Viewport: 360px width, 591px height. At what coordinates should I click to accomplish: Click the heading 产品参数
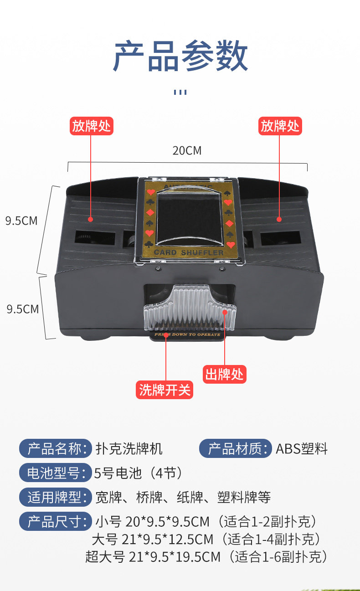180,56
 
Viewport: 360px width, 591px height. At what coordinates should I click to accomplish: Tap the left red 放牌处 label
92,125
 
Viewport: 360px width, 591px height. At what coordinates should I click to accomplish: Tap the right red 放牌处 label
280,125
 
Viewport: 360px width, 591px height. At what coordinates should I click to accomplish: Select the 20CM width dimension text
187,150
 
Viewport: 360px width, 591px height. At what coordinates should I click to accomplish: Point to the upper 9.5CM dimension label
21,221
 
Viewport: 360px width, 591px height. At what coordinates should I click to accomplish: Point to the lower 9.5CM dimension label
22,309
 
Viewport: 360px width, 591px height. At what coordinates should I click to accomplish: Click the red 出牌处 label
224,374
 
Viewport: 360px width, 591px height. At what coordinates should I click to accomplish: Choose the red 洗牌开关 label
165,390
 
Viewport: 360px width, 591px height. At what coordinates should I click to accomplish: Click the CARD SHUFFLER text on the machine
189,252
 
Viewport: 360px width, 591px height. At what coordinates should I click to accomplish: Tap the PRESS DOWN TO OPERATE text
188,334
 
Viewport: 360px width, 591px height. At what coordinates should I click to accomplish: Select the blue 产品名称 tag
55,449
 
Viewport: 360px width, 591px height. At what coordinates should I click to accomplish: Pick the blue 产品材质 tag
235,449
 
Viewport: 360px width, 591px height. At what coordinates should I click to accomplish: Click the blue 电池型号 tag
55,473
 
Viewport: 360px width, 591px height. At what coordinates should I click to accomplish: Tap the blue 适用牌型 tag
55,497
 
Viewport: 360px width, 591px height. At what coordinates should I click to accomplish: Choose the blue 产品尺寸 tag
55,521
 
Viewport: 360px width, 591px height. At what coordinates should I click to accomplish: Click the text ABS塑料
302,449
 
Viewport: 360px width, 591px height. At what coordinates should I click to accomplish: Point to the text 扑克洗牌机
129,449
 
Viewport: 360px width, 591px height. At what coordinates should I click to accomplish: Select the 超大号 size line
206,556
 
